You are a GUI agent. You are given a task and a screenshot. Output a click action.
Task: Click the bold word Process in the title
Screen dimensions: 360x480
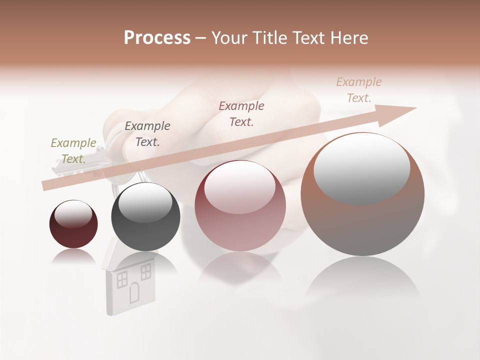click(157, 38)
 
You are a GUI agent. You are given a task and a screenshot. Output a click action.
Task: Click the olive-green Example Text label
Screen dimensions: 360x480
click(73, 151)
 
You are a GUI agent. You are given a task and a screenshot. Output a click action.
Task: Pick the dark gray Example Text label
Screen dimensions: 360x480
click(147, 134)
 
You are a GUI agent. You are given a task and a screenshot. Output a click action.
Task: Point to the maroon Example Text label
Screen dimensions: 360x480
click(241, 113)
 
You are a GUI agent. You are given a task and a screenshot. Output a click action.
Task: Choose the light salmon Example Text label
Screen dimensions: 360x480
click(359, 90)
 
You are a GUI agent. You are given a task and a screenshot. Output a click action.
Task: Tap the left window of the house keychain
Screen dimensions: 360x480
click(121, 279)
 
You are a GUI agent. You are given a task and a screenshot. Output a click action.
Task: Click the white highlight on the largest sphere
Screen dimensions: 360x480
click(361, 165)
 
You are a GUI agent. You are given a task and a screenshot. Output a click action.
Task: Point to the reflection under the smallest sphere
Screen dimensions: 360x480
click(73, 257)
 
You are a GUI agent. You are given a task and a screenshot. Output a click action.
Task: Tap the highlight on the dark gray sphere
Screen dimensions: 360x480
click(145, 202)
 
